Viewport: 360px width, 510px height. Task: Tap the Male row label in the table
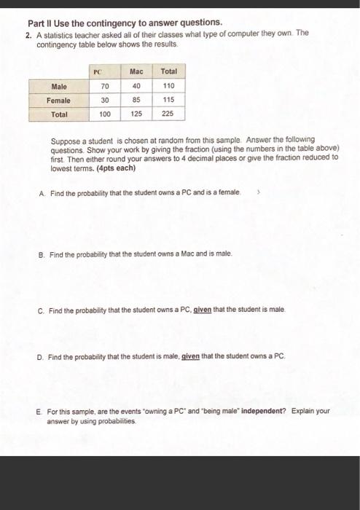[60, 87]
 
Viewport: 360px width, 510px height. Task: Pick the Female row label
[59, 101]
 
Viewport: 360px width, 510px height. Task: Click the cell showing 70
[105, 87]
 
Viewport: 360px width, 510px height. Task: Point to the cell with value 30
[105, 101]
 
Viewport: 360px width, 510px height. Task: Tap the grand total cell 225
[168, 114]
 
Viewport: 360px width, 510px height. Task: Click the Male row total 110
[168, 87]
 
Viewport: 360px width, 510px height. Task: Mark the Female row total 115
[168, 101]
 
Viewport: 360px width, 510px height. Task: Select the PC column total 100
[105, 114]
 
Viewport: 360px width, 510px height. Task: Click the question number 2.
[28, 34]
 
